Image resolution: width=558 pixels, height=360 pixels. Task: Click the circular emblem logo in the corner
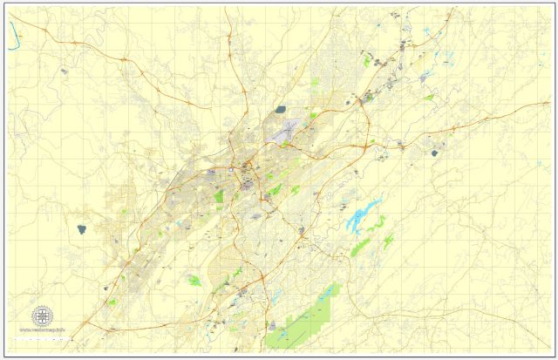click(x=41, y=316)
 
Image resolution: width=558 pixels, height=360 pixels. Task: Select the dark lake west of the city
click(x=81, y=229)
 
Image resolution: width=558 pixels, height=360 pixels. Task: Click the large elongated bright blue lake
click(x=364, y=214)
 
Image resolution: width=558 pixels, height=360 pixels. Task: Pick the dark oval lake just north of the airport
click(x=280, y=111)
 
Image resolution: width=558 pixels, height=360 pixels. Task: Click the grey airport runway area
click(x=287, y=130)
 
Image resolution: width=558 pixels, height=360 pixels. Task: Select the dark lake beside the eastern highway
click(x=434, y=153)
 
